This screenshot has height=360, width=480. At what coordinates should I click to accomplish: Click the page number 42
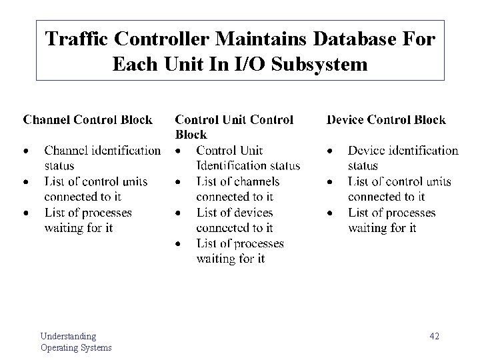point(434,336)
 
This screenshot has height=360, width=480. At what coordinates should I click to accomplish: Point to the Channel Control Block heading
point(88,120)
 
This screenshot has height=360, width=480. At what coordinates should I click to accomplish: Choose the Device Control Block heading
point(386,120)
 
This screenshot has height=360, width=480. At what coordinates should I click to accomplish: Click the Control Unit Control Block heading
point(233,127)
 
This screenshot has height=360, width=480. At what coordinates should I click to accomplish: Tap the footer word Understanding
point(68,336)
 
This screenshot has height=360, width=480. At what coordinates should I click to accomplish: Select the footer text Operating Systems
point(76,347)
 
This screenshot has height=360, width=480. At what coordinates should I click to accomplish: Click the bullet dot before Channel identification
point(26,151)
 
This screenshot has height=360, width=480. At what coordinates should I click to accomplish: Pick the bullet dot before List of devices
point(178,213)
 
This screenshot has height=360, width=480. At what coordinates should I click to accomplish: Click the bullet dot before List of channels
point(178,182)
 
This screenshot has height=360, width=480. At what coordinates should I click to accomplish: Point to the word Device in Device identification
point(367,151)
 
